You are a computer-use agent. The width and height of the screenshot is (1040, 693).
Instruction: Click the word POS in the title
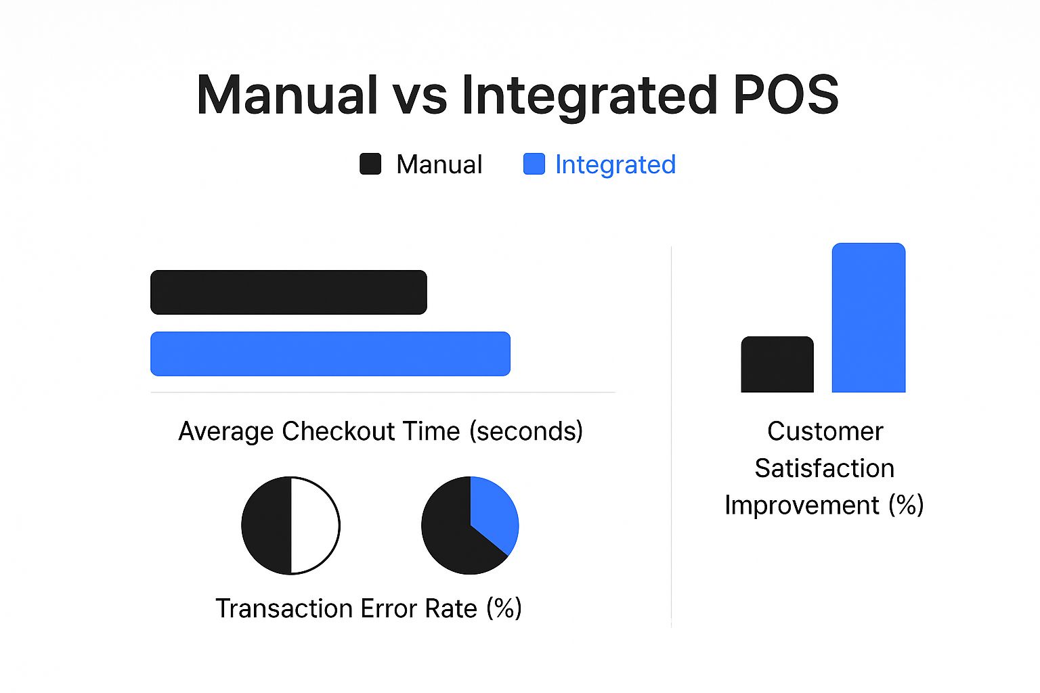point(786,95)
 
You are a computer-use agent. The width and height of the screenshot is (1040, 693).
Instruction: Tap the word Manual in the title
point(286,95)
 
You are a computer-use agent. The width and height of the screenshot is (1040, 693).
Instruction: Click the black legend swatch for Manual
point(370,164)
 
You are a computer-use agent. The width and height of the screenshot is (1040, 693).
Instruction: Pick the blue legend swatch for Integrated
point(534,164)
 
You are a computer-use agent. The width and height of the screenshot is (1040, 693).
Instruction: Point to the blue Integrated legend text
point(615,165)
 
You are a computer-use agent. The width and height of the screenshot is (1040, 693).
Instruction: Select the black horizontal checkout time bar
point(288,292)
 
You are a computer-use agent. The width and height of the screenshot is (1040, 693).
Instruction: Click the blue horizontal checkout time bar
point(330,354)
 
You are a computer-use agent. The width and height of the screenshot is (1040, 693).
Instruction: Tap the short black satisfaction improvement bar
point(777,364)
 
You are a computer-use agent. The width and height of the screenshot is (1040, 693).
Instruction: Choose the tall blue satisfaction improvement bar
point(869,317)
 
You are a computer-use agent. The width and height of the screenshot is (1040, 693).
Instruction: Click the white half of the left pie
point(315,525)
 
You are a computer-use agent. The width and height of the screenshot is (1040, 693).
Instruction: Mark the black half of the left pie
point(267,525)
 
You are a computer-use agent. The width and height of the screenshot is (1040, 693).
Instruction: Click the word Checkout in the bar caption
point(338,431)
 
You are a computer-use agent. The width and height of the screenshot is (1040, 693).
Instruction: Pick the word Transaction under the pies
point(284,608)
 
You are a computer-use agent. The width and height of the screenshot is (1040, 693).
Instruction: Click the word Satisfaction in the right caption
point(824,468)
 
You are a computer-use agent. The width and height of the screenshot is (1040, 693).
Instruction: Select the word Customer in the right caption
point(825,432)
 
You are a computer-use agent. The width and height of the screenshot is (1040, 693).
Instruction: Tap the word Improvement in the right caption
point(802,506)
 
